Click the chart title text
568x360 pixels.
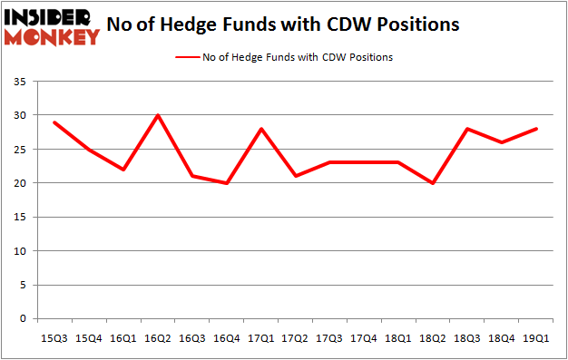pyautogui.click(x=282, y=25)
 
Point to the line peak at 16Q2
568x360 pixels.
pyautogui.click(x=158, y=115)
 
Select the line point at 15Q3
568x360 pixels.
pyautogui.click(x=54, y=122)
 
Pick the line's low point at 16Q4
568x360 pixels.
pyautogui.click(x=227, y=183)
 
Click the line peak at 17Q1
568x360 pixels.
pyautogui.click(x=261, y=129)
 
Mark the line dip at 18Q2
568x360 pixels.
pyautogui.click(x=434, y=183)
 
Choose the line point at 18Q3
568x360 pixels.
pyautogui.click(x=468, y=129)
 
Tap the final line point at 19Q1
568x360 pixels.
pyautogui.click(x=537, y=129)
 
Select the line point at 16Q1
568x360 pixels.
pyautogui.click(x=123, y=170)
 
